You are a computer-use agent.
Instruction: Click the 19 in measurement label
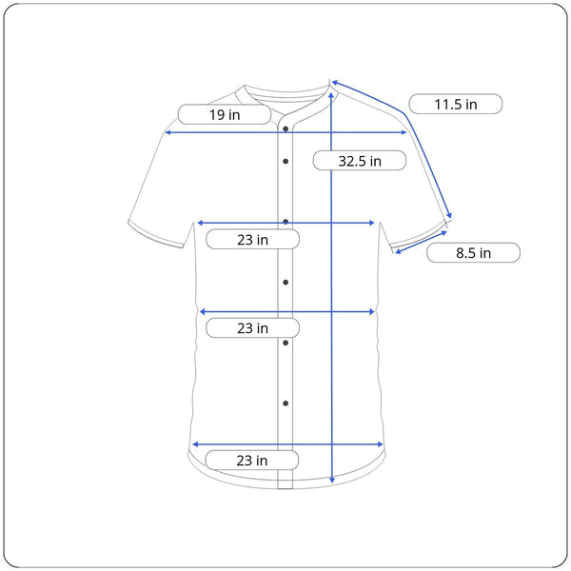(x=225, y=115)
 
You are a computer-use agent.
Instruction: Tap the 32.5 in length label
(x=360, y=161)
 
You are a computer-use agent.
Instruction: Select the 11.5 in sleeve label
(x=456, y=104)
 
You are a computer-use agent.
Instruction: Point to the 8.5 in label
(x=473, y=253)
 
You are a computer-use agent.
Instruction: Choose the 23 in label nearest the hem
(x=252, y=461)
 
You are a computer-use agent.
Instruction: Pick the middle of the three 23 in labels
(x=253, y=328)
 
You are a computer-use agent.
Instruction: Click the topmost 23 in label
(x=253, y=239)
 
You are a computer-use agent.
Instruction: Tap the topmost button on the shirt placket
(x=285, y=128)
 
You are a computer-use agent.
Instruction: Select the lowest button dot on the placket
(x=285, y=404)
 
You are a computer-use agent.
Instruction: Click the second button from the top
(x=285, y=161)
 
